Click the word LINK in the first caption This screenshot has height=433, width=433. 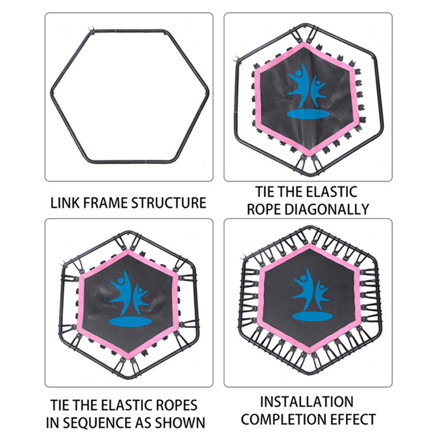point(65,203)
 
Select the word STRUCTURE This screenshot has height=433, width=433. point(169,203)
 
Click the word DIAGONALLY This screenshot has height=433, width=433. point(327,209)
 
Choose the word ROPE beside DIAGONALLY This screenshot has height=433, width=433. point(264,209)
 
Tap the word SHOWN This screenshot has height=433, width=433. point(180,423)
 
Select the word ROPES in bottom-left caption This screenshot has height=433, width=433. point(177,405)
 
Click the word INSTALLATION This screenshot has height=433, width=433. point(307,402)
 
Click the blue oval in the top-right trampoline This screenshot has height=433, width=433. point(307,114)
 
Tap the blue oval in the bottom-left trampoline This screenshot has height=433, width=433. point(130,322)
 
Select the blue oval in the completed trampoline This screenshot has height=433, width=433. point(312,316)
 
